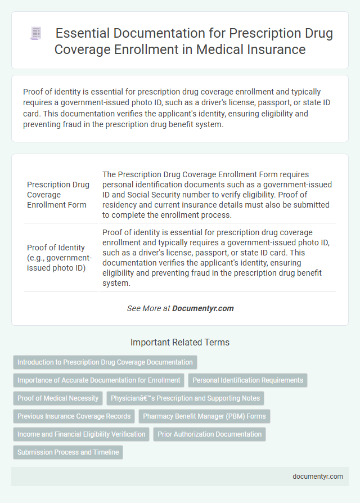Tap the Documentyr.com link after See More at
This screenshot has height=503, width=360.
(x=203, y=308)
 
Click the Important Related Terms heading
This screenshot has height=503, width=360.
(x=180, y=342)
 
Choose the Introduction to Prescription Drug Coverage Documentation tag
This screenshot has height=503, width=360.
(x=105, y=362)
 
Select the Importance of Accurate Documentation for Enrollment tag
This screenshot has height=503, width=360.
(x=99, y=380)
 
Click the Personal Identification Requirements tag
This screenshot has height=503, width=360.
(x=247, y=380)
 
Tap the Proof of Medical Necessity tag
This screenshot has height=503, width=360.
(x=58, y=398)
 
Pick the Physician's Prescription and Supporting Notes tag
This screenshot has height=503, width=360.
(x=185, y=398)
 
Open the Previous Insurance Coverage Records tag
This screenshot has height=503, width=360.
(x=74, y=416)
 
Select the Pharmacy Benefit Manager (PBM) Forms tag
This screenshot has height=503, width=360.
(x=205, y=416)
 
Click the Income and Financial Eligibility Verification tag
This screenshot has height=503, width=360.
(x=81, y=434)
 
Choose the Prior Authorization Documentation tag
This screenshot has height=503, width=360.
(x=209, y=434)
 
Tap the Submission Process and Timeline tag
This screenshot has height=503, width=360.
(x=68, y=452)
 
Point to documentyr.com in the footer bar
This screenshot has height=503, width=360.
(x=317, y=476)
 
